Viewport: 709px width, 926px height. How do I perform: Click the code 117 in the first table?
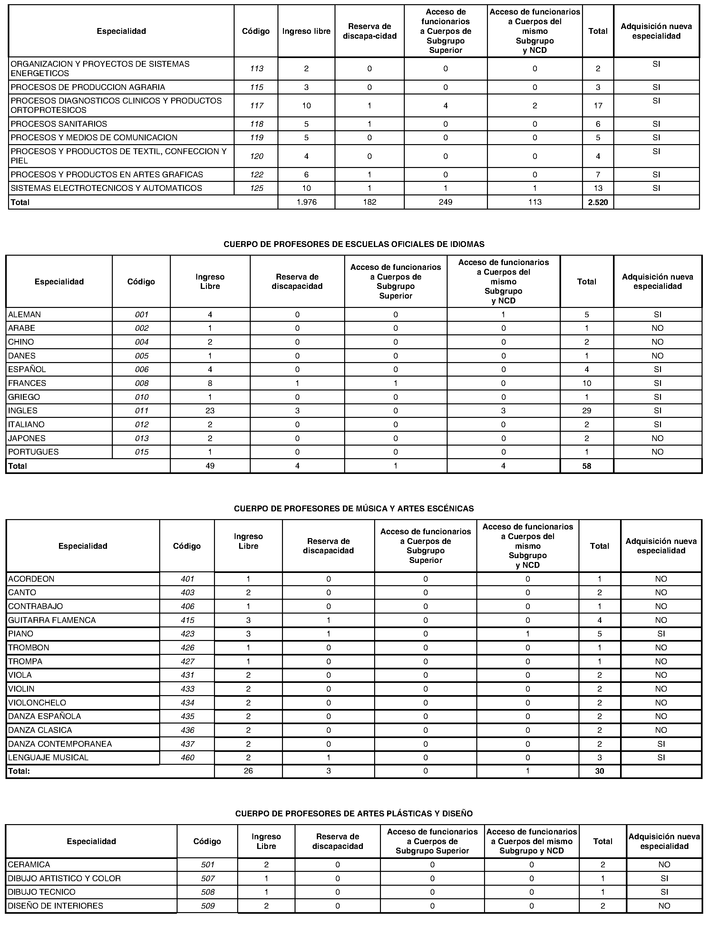[257, 105]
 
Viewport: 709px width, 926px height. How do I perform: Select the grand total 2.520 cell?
[597, 202]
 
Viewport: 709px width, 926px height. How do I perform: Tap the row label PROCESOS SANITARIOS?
[59, 124]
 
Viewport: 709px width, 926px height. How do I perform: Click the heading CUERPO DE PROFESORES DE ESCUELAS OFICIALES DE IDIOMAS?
[354, 244]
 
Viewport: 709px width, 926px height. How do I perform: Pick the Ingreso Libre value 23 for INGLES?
[210, 410]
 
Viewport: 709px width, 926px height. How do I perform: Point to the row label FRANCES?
[27, 383]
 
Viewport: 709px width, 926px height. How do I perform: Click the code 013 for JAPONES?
[142, 438]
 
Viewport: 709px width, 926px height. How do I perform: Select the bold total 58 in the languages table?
[587, 466]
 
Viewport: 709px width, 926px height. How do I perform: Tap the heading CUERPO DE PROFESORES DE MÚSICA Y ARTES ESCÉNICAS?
[354, 508]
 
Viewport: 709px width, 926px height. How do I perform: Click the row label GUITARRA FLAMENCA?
[52, 620]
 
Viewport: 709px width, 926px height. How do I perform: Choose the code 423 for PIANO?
[187, 633]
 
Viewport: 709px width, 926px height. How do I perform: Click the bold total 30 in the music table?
[599, 771]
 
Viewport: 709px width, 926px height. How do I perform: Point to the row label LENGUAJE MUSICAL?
[48, 757]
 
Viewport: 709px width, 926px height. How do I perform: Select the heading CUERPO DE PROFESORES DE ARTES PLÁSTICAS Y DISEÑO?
[354, 813]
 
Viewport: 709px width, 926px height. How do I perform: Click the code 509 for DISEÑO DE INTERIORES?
[208, 906]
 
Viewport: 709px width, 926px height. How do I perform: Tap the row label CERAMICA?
[29, 865]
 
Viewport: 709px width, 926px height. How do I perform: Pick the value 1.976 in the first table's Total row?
[306, 202]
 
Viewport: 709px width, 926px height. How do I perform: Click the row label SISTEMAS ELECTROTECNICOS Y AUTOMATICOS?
[106, 188]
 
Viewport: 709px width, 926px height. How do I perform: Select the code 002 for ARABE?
[142, 328]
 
